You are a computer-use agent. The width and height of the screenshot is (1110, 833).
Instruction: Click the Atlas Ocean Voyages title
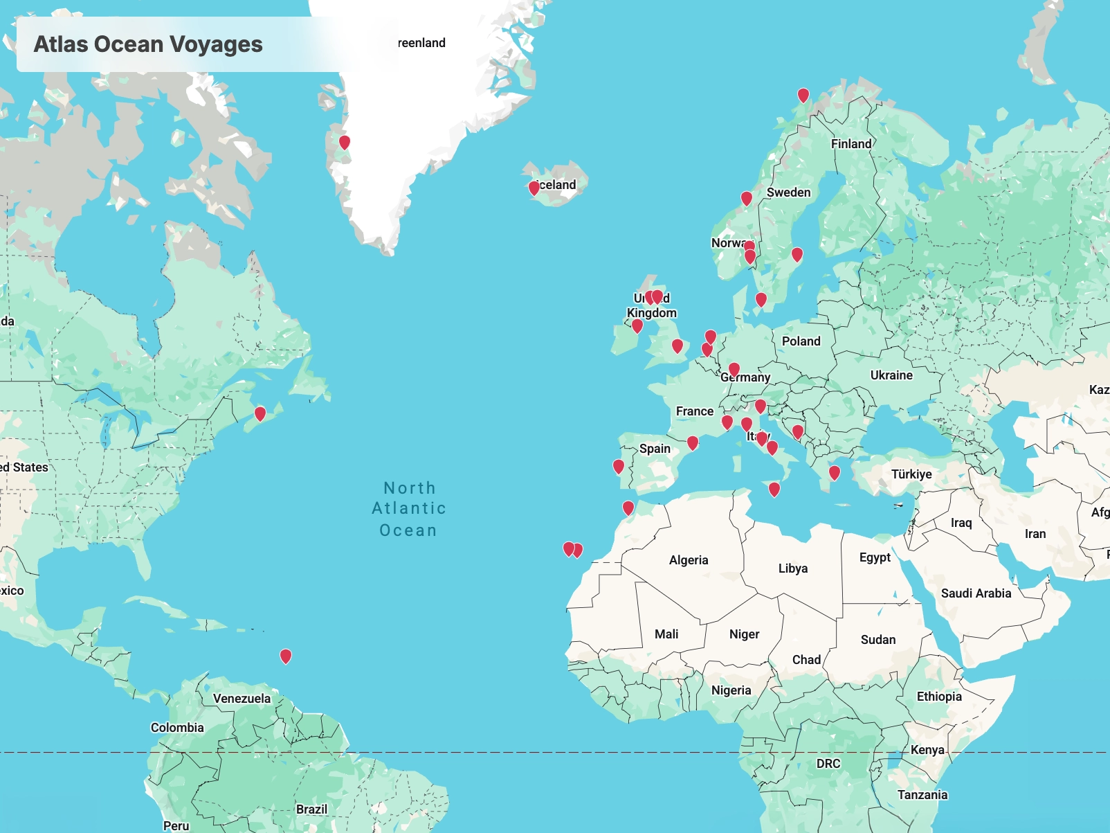(x=148, y=44)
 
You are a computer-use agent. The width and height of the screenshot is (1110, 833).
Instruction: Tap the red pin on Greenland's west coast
(x=344, y=143)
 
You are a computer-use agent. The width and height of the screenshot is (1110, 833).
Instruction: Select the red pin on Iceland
(x=534, y=188)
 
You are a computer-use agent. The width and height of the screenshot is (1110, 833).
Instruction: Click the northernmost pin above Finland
(x=803, y=95)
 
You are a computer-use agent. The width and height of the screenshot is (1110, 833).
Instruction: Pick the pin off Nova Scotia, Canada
(x=260, y=413)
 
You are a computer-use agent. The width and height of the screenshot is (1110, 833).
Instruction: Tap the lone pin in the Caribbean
(x=285, y=655)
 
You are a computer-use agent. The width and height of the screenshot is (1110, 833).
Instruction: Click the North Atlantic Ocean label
(x=408, y=509)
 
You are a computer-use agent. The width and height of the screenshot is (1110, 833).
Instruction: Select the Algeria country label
(x=688, y=560)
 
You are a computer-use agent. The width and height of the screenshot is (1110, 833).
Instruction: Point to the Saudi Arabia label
(x=976, y=593)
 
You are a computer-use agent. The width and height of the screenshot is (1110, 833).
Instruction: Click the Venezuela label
(x=242, y=699)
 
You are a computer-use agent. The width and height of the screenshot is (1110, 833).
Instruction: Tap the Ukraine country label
(x=891, y=375)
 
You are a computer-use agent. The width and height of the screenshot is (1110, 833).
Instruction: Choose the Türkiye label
(x=911, y=474)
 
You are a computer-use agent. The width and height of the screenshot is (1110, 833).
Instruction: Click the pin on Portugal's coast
(x=619, y=467)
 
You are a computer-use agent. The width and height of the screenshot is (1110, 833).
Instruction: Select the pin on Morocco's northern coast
(x=628, y=508)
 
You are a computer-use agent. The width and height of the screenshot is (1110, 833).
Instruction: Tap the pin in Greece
(x=835, y=472)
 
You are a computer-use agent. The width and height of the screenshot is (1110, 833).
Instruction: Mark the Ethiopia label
(x=939, y=697)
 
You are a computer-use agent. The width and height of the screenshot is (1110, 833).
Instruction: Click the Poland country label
(x=801, y=341)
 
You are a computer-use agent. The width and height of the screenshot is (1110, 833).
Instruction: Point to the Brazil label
(x=311, y=809)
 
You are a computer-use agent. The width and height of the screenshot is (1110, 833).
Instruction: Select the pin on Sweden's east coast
(x=797, y=254)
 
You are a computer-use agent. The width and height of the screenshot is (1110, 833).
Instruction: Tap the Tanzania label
(x=922, y=795)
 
